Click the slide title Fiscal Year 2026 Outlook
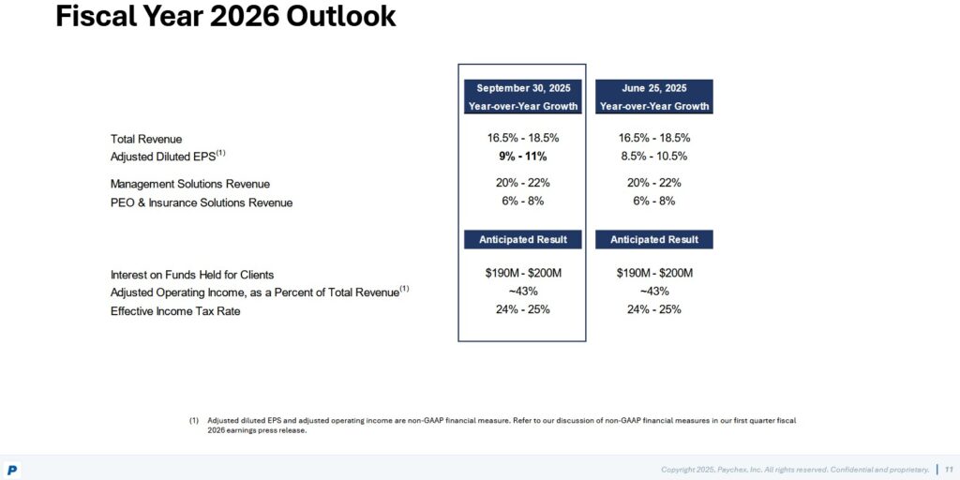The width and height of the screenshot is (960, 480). click(x=225, y=17)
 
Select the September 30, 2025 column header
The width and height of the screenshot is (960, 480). click(x=522, y=97)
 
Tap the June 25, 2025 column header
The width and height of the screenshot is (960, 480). click(x=653, y=97)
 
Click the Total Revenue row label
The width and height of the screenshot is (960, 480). click(x=146, y=139)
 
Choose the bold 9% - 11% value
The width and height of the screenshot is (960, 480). click(x=522, y=157)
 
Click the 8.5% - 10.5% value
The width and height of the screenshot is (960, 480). click(x=653, y=157)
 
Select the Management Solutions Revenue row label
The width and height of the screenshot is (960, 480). click(x=189, y=184)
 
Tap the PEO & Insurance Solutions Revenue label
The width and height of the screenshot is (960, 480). click(x=201, y=202)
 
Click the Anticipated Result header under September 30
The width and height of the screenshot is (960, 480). click(x=522, y=240)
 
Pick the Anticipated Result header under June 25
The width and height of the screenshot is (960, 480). click(x=653, y=240)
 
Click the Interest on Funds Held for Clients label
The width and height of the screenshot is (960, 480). click(x=192, y=275)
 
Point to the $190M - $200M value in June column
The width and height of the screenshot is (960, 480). click(x=653, y=273)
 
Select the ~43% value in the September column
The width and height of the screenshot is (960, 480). click(x=522, y=292)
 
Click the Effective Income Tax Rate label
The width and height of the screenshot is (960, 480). click(x=175, y=311)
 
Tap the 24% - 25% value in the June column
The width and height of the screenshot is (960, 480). click(x=653, y=309)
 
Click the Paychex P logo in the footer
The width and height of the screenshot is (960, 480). click(x=12, y=470)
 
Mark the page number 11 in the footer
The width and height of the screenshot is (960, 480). click(x=949, y=469)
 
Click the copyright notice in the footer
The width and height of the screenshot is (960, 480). click(x=795, y=469)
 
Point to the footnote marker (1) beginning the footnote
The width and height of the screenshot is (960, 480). click(x=194, y=421)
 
